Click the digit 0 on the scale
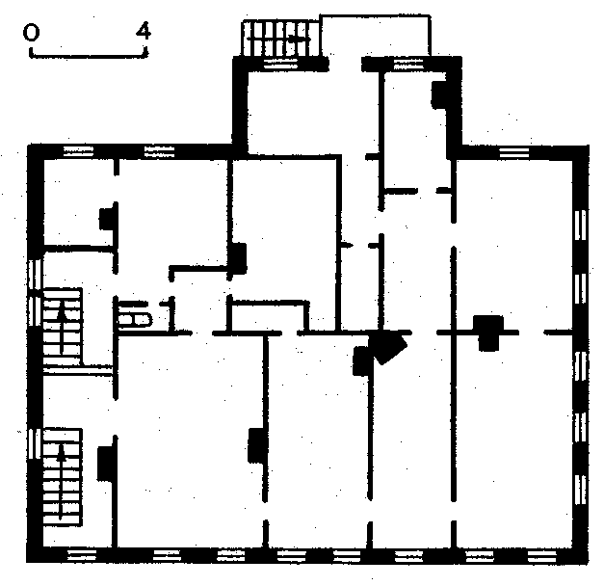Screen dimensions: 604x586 tap(31, 32)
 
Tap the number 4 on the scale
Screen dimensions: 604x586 tap(144, 31)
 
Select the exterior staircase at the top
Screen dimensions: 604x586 tap(280, 39)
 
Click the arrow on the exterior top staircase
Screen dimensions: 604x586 tap(280, 39)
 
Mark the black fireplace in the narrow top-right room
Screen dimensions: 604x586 tap(439, 94)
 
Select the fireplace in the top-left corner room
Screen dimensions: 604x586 tap(108, 218)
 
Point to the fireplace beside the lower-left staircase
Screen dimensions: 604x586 tap(106, 463)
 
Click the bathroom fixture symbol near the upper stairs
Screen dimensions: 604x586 tap(135, 316)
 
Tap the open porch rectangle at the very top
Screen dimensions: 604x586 tap(376, 36)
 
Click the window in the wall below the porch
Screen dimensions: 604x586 tap(408, 64)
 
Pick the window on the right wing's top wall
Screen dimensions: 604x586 tap(513, 152)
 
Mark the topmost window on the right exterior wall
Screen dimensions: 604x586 tap(580, 226)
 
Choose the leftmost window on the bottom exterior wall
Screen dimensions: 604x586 tap(82, 555)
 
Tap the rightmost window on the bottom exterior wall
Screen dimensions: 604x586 tap(541, 556)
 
